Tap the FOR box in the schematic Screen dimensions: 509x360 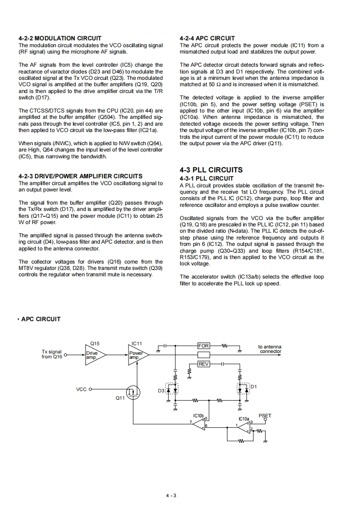203,346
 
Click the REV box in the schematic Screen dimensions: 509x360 204,364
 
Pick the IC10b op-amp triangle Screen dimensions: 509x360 200,422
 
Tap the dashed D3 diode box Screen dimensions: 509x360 171,389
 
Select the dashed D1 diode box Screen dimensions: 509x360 243,389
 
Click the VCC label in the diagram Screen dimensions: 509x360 82,389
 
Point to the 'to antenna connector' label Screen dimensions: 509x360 270,349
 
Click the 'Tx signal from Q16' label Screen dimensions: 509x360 52,354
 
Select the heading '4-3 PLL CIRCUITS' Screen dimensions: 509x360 211,170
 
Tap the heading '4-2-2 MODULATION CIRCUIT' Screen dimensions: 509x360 60,38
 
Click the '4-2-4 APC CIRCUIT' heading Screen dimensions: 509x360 207,38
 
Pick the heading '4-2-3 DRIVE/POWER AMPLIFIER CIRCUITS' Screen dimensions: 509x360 80,176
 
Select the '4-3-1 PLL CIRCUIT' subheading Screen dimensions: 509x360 207,178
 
